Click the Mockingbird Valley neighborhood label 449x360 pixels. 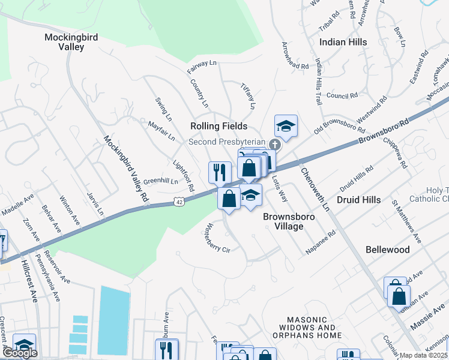71,42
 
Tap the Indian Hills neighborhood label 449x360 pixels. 343,42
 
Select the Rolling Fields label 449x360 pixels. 218,126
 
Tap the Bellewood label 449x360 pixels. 388,250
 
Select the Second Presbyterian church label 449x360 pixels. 227,142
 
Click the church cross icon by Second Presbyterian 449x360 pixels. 274,144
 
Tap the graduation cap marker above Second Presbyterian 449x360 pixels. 286,127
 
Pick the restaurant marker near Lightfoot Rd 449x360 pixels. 220,172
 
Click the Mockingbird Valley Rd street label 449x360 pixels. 126,168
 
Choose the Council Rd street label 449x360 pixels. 342,95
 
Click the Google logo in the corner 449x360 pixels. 20,353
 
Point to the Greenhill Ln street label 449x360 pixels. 160,181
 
